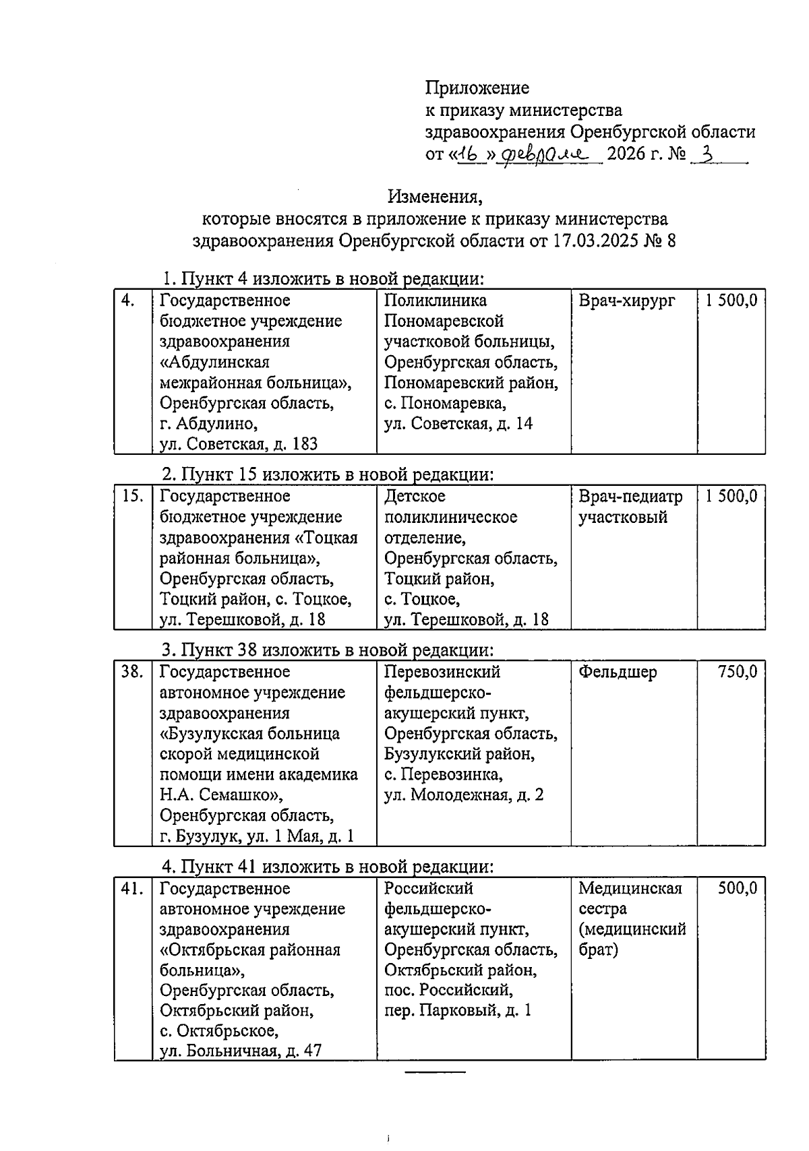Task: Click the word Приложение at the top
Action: pos(477,88)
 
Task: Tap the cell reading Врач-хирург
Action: pos(626,301)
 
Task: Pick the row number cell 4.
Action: pos(127,301)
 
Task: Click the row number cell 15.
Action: pos(133,497)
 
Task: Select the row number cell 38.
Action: pos(133,672)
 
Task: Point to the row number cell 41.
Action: pos(133,889)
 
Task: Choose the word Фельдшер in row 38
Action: pos(618,672)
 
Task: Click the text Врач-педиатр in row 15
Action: pos(630,497)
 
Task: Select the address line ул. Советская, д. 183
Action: pos(239,444)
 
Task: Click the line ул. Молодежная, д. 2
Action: pos(464,795)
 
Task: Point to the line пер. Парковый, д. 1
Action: pos(458,1011)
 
